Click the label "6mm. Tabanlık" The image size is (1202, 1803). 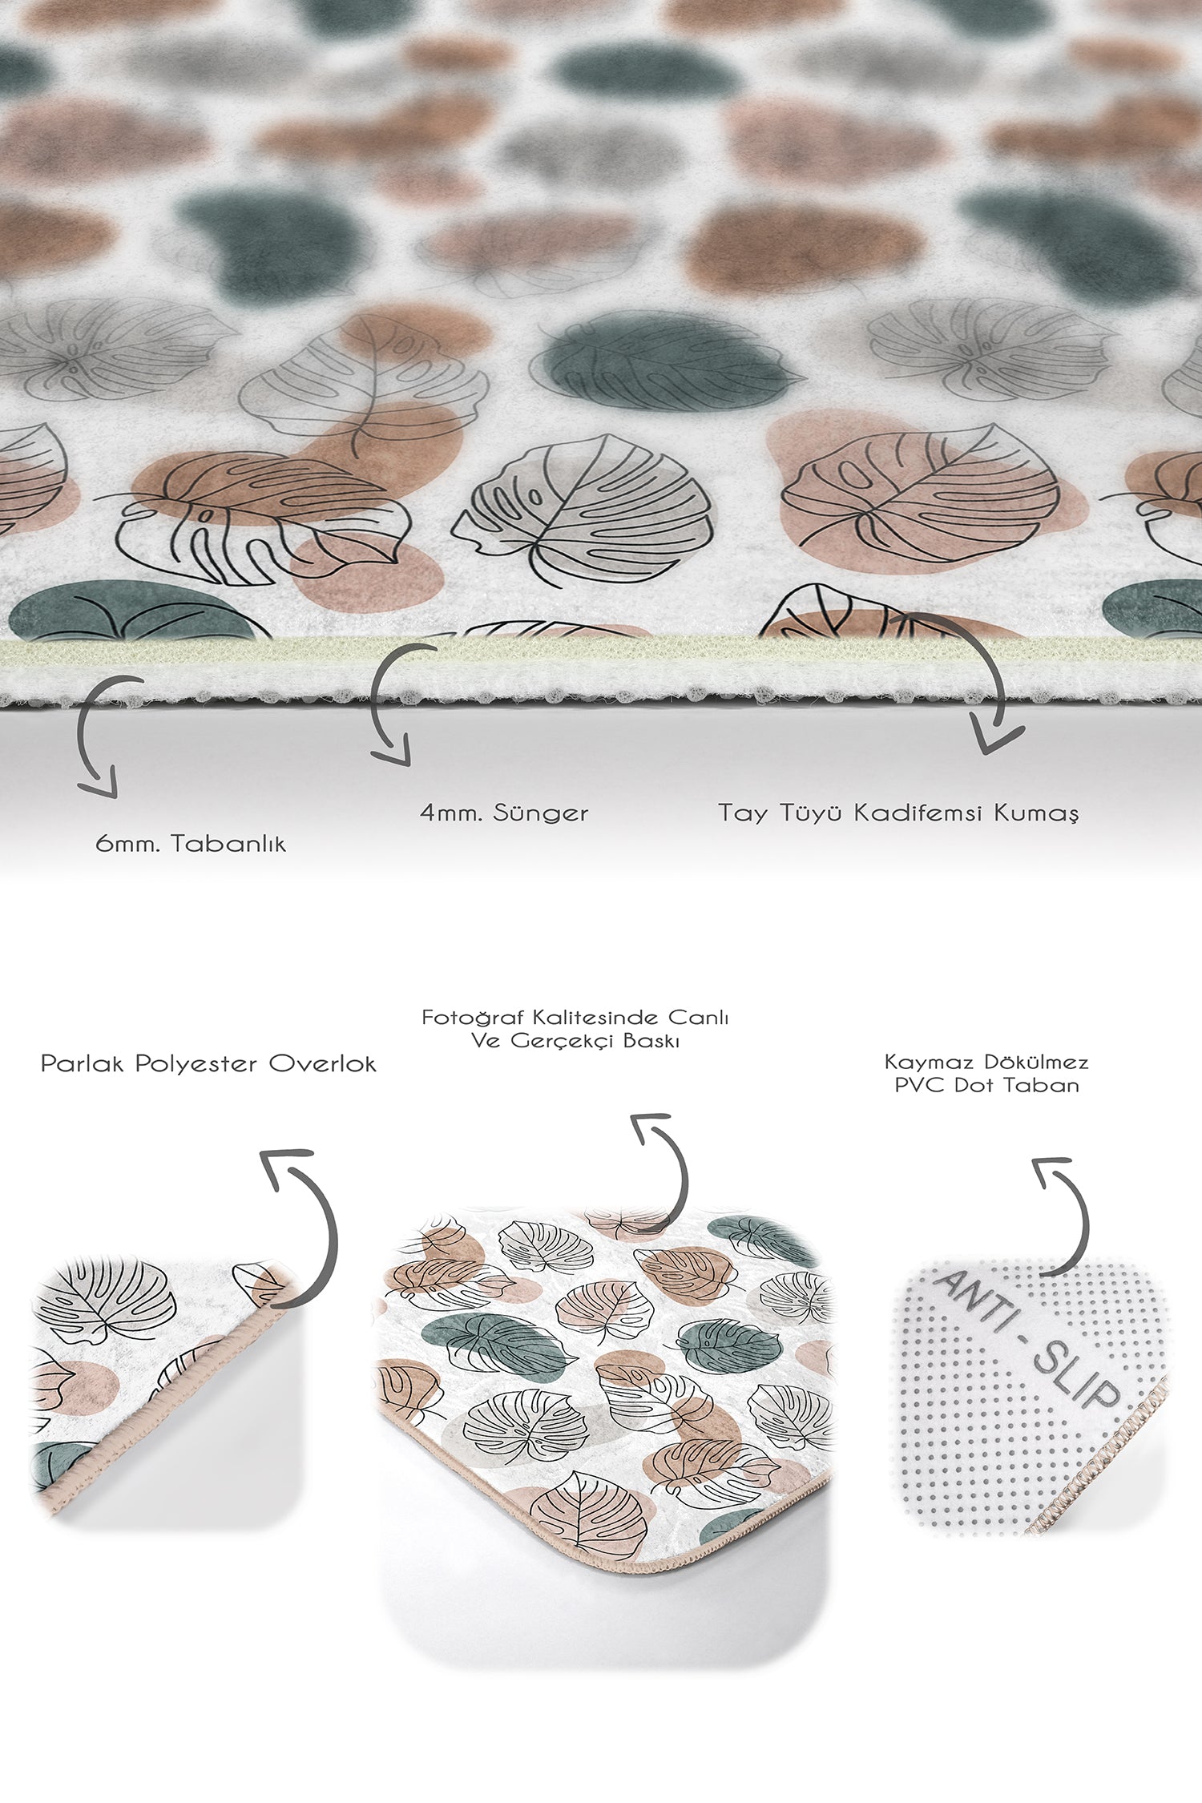(191, 843)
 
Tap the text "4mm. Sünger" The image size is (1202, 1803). (504, 813)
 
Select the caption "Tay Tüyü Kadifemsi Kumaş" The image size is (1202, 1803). (898, 813)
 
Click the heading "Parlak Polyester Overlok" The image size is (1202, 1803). (208, 1064)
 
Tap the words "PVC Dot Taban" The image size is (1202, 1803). (986, 1085)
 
